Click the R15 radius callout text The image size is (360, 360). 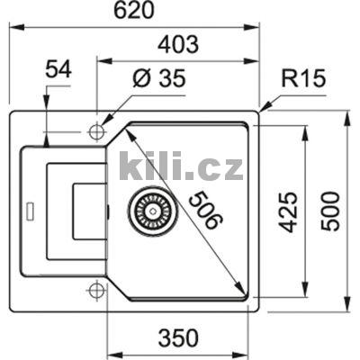pyautogui.click(x=300, y=79)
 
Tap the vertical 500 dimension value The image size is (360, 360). pyautogui.click(x=331, y=211)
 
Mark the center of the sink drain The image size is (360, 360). pyautogui.click(x=149, y=211)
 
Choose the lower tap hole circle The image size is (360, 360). pyautogui.click(x=96, y=290)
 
